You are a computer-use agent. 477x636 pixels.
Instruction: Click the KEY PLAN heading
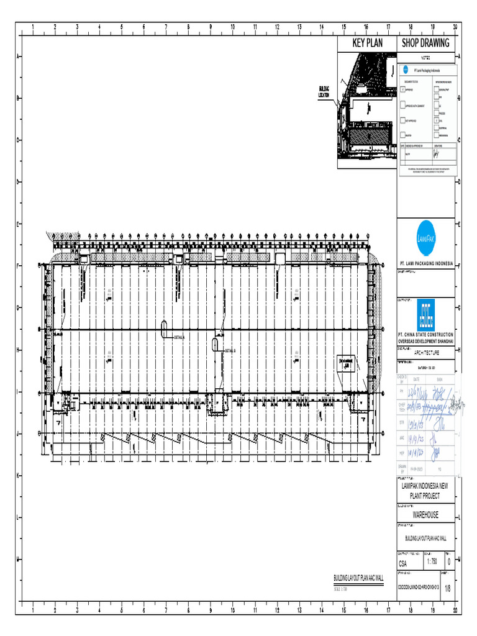tap(367, 43)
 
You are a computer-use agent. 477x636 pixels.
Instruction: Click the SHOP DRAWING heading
tap(425, 43)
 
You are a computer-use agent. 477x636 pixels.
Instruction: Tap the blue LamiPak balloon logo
tap(425, 238)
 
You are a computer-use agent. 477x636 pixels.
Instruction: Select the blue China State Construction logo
tap(425, 316)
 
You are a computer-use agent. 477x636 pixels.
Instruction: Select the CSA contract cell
tap(407, 564)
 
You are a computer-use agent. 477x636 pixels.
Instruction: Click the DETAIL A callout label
tap(179, 337)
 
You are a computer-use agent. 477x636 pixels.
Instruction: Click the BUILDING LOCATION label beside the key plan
tap(324, 92)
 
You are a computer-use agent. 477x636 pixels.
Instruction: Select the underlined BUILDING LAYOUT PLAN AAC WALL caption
tap(363, 579)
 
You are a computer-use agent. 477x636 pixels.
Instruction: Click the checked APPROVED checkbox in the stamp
tap(403, 90)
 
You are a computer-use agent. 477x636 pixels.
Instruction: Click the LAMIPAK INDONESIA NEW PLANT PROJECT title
tap(425, 492)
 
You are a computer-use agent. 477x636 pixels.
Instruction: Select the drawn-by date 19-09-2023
tap(417, 470)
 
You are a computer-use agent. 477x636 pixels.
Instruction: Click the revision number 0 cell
tap(448, 561)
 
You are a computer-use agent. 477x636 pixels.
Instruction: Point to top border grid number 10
tap(232, 27)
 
